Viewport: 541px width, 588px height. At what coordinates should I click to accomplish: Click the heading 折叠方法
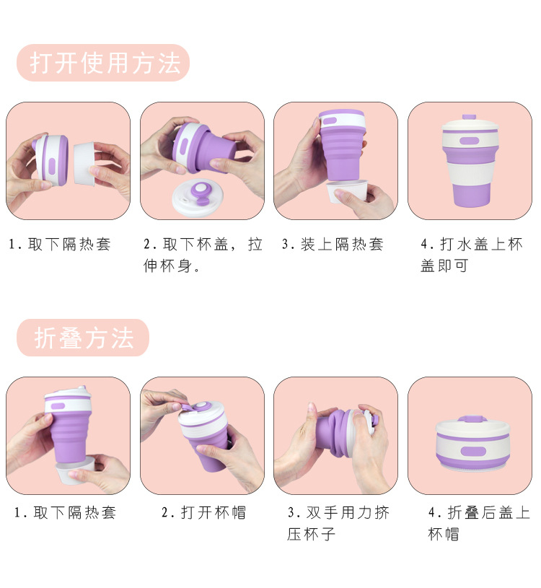click(83, 338)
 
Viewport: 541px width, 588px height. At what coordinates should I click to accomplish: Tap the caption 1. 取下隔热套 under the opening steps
click(60, 245)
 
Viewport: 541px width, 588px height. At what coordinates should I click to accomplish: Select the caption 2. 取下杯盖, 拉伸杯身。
click(203, 255)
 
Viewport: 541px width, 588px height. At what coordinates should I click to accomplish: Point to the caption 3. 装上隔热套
click(333, 245)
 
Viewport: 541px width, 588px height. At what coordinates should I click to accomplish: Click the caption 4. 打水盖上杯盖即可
click(472, 255)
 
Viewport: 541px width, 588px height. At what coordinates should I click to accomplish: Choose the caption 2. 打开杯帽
click(204, 512)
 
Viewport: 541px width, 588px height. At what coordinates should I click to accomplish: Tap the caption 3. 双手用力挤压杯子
click(338, 523)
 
